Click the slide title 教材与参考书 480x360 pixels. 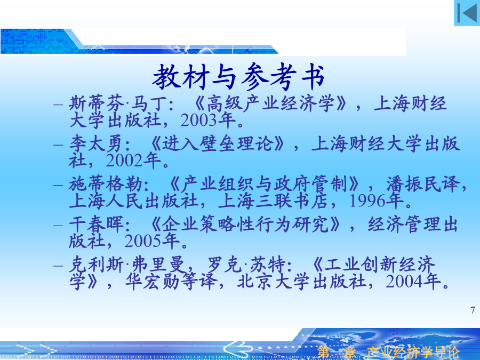coord(238,76)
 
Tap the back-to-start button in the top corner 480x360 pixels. coord(467,13)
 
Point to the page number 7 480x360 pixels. coord(473,310)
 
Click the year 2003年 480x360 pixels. coord(208,120)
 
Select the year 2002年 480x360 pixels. coord(133,161)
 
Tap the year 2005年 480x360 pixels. coord(152,241)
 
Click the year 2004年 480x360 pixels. coord(413,282)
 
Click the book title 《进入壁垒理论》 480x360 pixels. coord(218,144)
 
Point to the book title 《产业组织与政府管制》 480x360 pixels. coord(264,185)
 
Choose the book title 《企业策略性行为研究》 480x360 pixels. coord(245,225)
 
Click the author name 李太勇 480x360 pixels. coord(95,144)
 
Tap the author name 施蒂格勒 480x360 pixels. coord(105,185)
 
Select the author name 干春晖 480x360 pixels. coord(96,225)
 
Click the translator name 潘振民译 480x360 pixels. coord(423,185)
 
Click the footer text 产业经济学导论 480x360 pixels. coord(413,353)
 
